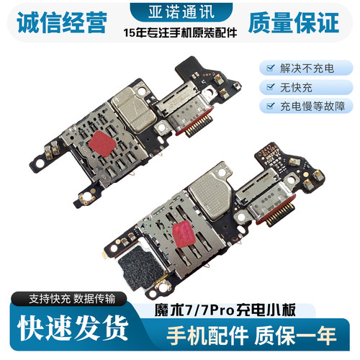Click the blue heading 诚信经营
62,22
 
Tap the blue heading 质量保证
294,22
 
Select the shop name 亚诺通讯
181,12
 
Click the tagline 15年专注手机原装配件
180,32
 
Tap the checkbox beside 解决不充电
271,68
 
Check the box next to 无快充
271,87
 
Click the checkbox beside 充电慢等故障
271,106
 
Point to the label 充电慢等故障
312,106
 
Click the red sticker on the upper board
102,143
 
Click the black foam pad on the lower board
141,267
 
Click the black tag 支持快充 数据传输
72,299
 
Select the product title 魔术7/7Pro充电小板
225,310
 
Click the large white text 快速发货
73,328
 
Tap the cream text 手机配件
207,336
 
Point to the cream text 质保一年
295,336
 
